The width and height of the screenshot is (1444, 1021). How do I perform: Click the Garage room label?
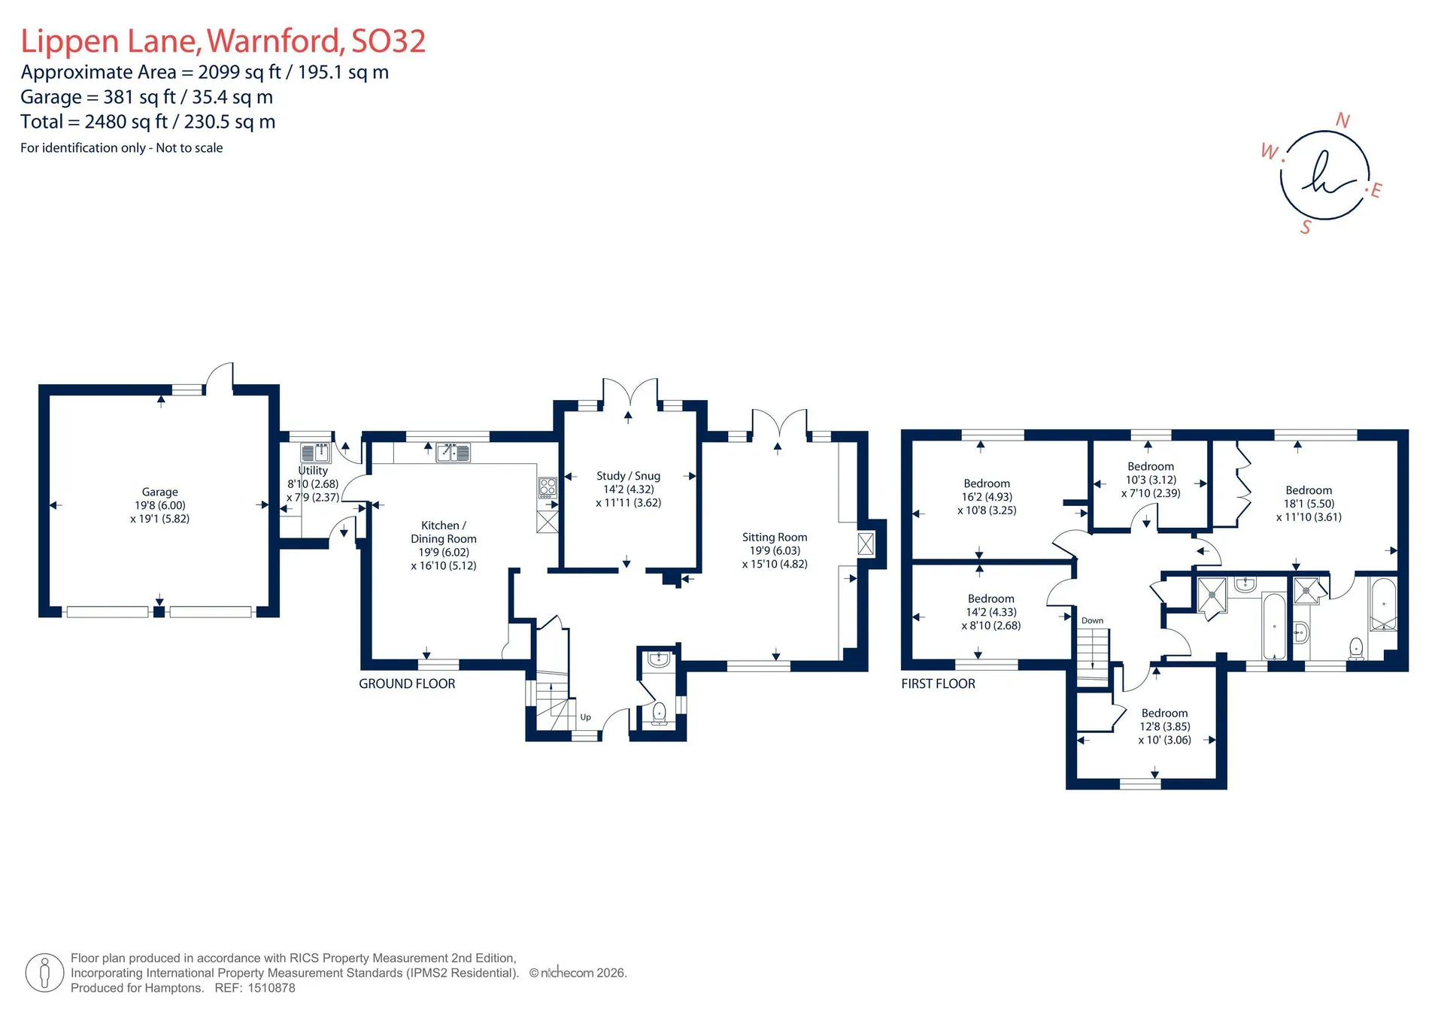(159, 492)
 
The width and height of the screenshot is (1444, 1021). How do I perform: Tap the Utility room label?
(313, 471)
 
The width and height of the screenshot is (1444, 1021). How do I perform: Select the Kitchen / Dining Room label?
(444, 532)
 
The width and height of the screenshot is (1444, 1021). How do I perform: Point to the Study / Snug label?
(628, 476)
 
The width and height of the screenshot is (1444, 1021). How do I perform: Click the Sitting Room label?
(775, 537)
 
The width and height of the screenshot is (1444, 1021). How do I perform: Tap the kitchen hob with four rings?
(548, 487)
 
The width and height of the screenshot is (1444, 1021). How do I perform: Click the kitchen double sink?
(454, 452)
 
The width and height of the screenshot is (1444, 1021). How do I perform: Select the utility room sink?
(316, 452)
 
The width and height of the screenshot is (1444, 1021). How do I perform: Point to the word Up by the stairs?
(586, 717)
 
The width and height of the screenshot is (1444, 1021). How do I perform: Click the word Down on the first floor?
(1092, 620)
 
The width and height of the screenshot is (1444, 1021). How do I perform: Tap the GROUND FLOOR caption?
(407, 683)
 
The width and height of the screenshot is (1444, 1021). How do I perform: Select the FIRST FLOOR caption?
(938, 683)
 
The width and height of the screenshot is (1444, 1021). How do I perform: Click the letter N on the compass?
(1342, 120)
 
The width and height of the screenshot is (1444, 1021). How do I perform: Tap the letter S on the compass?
(1306, 227)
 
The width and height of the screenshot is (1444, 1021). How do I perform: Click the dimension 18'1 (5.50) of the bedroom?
(1309, 504)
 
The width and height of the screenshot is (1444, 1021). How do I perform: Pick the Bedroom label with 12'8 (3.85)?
(1164, 713)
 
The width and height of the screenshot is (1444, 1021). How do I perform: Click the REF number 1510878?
(272, 988)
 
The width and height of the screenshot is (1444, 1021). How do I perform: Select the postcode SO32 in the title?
(389, 41)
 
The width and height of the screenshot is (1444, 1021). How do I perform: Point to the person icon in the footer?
(44, 973)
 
